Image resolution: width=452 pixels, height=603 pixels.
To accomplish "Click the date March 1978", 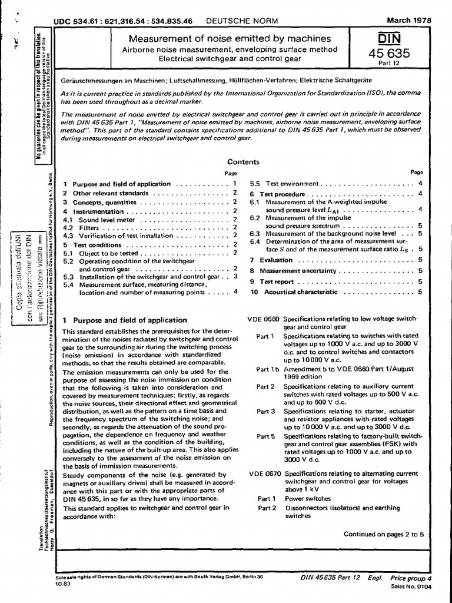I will pos(407,20).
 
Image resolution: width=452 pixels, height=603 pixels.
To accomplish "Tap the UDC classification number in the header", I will pos(123,21).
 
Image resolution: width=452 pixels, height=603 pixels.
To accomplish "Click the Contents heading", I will pos(244,162).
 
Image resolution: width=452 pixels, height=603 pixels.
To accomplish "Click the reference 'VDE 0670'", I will pos(264,473).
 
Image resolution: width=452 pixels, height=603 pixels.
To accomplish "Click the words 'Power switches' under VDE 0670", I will pos(308,498).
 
